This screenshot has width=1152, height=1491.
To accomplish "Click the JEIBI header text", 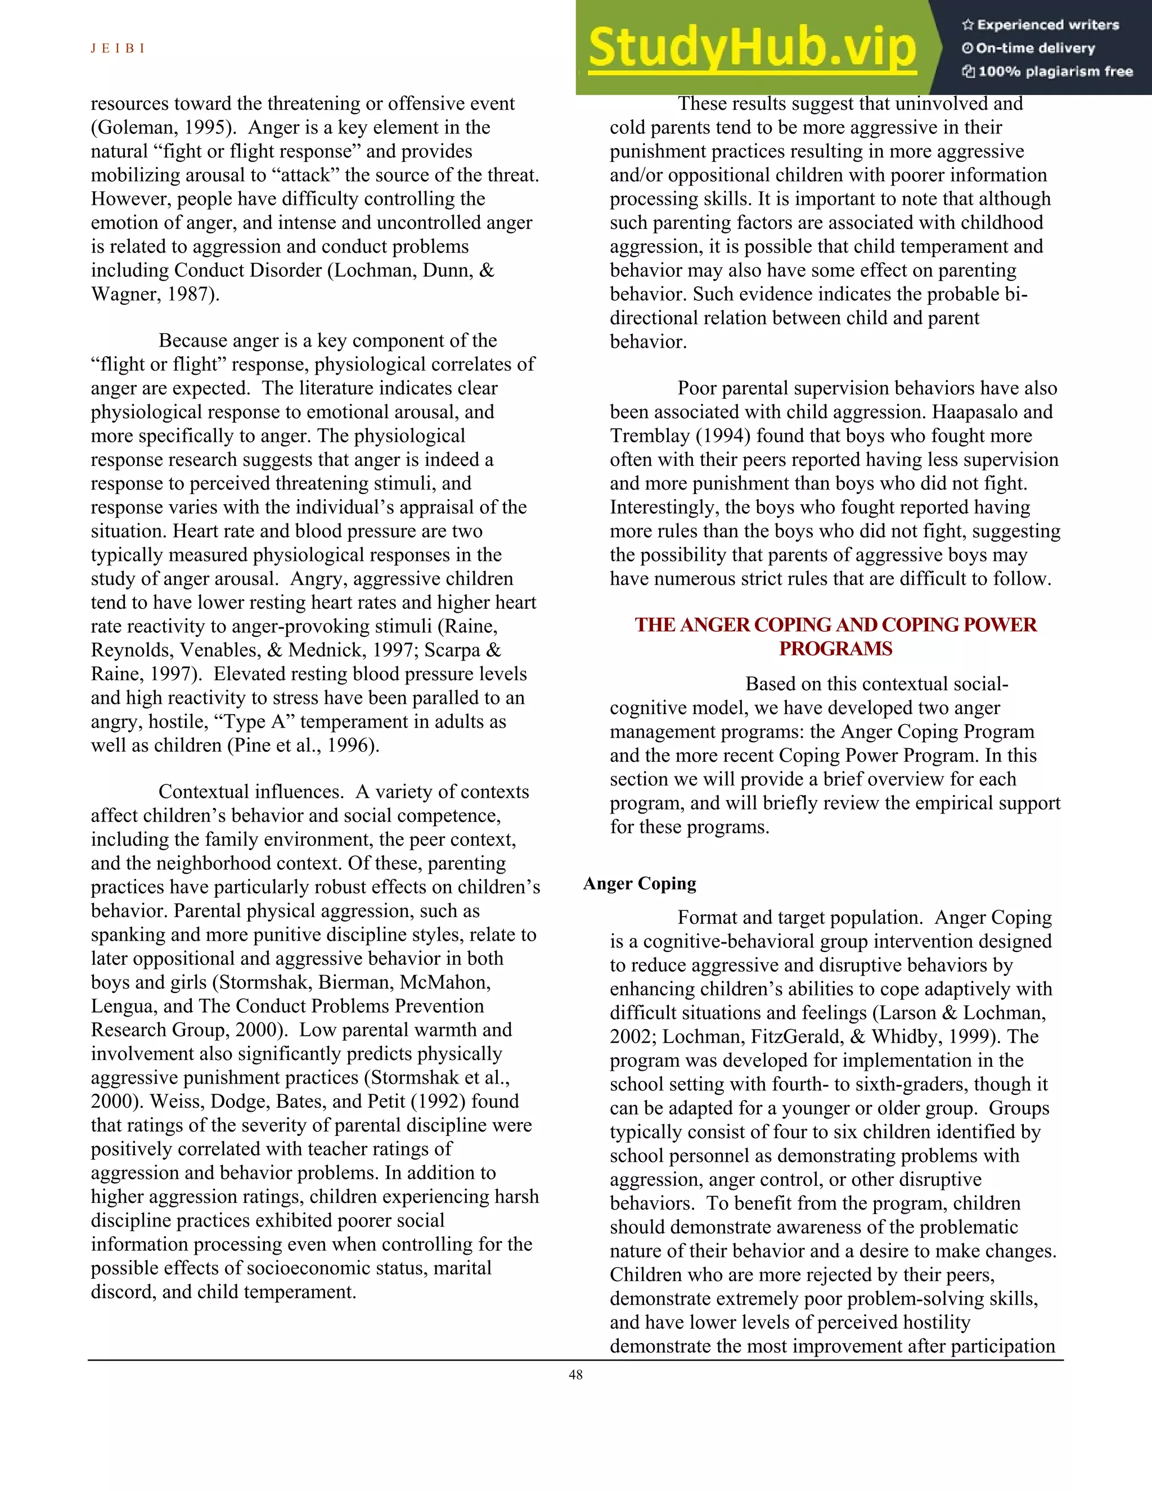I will [x=118, y=48].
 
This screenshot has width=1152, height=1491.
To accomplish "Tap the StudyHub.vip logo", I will [x=751, y=48].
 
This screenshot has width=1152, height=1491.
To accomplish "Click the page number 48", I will [x=575, y=1375].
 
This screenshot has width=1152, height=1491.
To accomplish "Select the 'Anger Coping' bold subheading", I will [x=640, y=883].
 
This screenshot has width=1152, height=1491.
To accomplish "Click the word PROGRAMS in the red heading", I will [x=835, y=649].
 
